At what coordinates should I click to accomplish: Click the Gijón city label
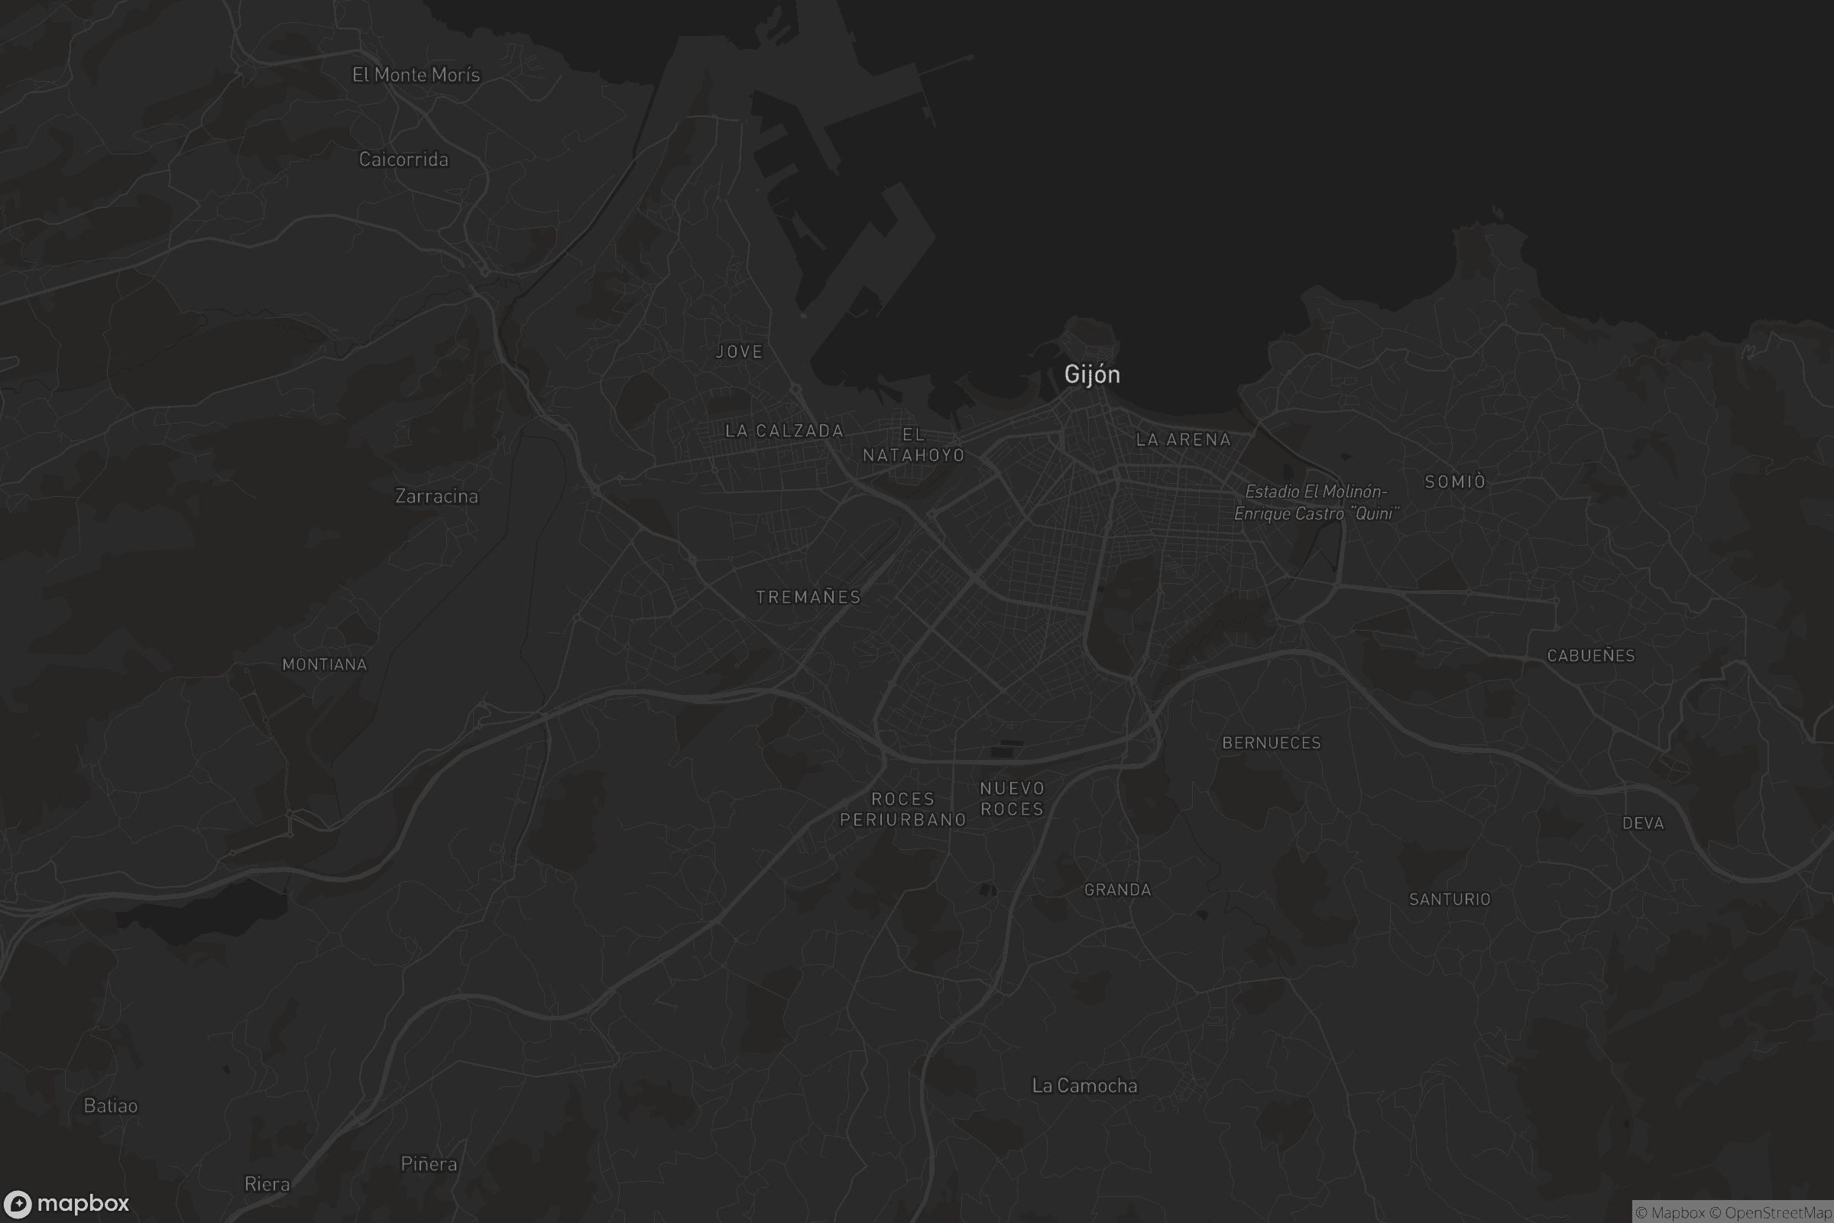click(x=1092, y=375)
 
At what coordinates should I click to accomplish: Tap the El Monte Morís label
click(x=416, y=75)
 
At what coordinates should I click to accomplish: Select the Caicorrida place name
click(x=403, y=159)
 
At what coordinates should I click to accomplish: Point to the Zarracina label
click(x=436, y=496)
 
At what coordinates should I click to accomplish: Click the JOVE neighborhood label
click(x=739, y=352)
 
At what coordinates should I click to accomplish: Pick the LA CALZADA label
click(x=784, y=430)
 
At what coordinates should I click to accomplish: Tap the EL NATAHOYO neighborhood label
click(x=914, y=445)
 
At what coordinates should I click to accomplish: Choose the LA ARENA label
click(x=1183, y=440)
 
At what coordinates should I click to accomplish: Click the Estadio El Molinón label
click(x=1316, y=502)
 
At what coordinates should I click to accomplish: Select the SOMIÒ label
click(x=1455, y=482)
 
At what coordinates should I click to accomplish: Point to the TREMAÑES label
click(x=808, y=597)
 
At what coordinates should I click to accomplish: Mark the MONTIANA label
click(x=324, y=664)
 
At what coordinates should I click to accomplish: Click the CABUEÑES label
click(x=1591, y=656)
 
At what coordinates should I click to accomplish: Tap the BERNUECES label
click(x=1271, y=743)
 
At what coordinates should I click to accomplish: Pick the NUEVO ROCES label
click(x=1012, y=799)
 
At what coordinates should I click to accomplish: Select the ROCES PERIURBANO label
click(x=903, y=809)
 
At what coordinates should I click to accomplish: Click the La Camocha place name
click(x=1084, y=1085)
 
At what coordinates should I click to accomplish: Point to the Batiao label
click(x=111, y=1106)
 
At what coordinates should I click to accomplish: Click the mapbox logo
click(x=67, y=1203)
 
